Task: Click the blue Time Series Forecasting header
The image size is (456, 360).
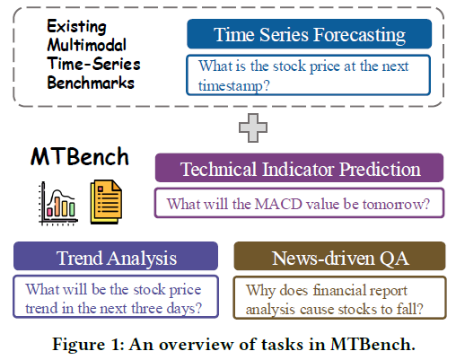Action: click(x=309, y=35)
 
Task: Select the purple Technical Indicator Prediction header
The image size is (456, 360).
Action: click(x=300, y=169)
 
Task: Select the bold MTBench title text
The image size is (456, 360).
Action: click(x=80, y=158)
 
